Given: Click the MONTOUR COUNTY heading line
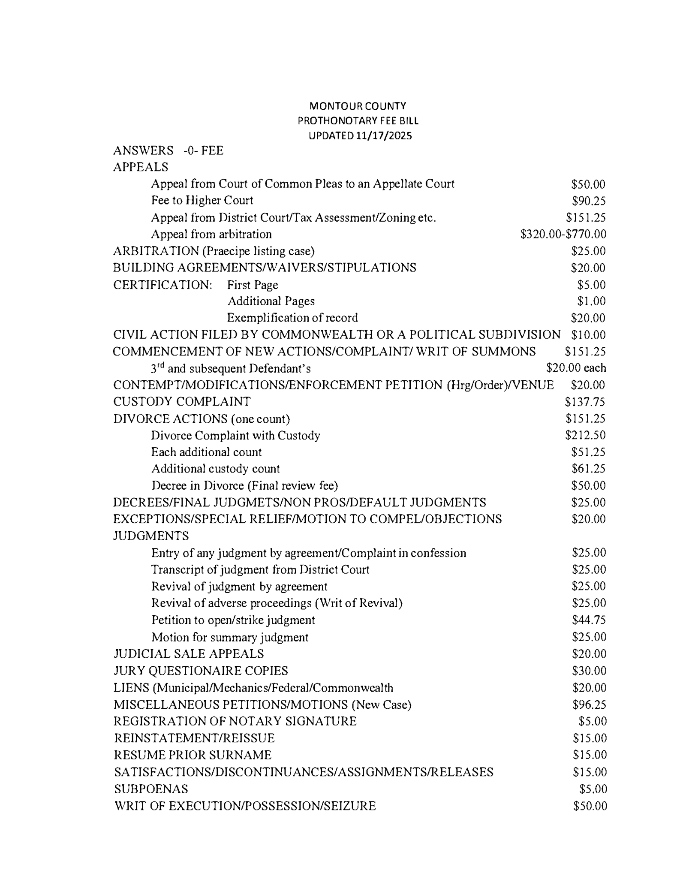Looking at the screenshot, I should [x=358, y=106].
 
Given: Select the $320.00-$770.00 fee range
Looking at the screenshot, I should [x=563, y=234].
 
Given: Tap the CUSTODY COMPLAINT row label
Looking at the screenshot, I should [x=182, y=402].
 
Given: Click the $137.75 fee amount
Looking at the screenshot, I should [x=585, y=402].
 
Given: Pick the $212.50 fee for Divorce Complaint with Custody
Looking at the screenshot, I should [x=585, y=435].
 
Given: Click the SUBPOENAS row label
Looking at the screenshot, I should [x=151, y=789].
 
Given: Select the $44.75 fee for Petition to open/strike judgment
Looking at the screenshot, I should [x=589, y=620].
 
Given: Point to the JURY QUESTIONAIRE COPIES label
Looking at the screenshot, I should [x=201, y=671].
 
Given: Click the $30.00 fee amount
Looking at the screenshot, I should [x=589, y=671].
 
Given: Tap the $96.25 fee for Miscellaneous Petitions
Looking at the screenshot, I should [x=589, y=704].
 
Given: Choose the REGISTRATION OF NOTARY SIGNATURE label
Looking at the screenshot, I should [x=235, y=721].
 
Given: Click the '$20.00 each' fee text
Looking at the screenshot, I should [x=576, y=368].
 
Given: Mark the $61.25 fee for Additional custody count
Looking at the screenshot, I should [x=588, y=469].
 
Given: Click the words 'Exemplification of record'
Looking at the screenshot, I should [x=292, y=318].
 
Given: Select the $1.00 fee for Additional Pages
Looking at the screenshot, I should [x=591, y=301].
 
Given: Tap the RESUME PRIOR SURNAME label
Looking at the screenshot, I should [x=193, y=755].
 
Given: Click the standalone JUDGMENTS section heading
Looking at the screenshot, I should [x=151, y=536].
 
